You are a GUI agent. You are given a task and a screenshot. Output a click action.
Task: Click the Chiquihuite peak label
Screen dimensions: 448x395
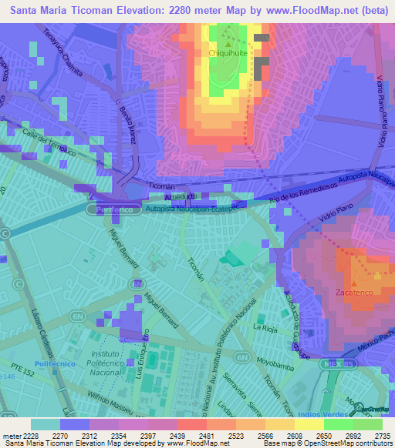(x=227, y=54)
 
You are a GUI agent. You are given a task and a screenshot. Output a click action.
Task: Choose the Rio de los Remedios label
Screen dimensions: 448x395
(x=305, y=196)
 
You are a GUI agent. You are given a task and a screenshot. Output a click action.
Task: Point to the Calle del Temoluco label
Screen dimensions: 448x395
(x=48, y=143)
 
